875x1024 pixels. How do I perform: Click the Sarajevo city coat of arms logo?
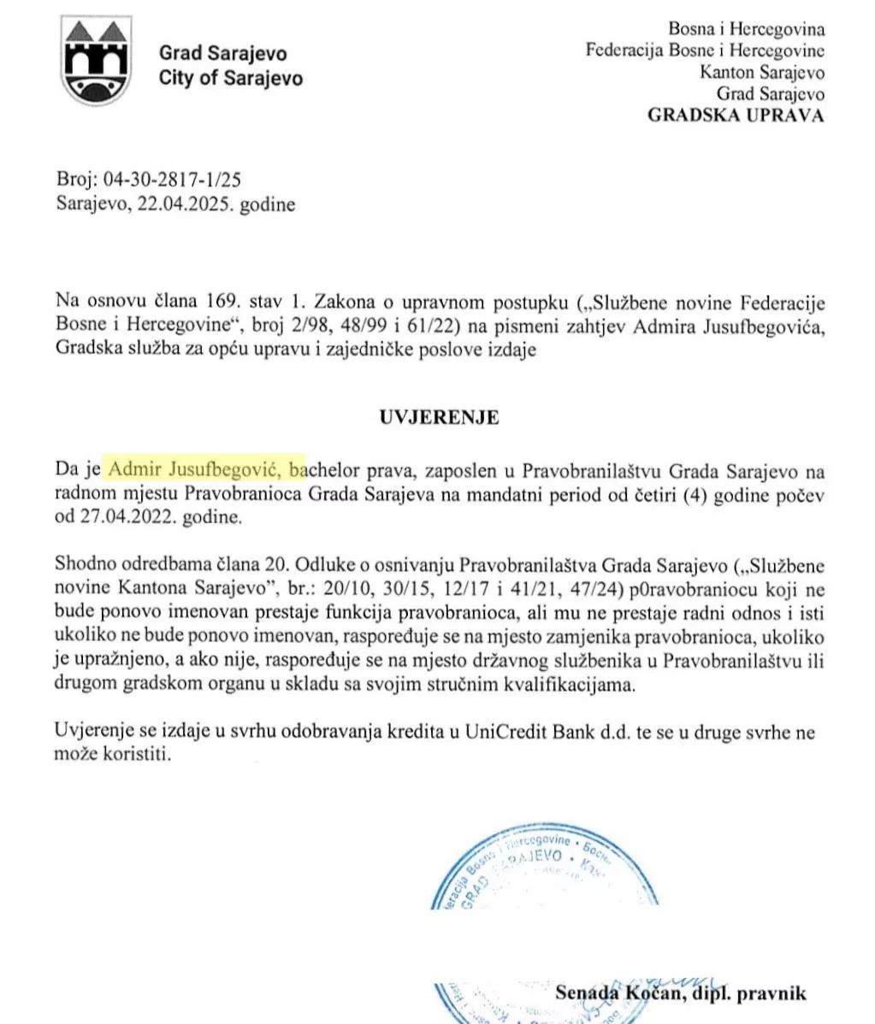click(x=98, y=63)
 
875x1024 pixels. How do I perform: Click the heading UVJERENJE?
click(x=439, y=417)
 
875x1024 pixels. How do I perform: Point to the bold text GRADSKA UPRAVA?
click(x=736, y=115)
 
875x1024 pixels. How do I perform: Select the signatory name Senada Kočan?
click(x=607, y=993)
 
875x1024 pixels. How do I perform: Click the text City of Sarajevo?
click(x=231, y=78)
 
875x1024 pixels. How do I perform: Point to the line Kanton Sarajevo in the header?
click(x=762, y=72)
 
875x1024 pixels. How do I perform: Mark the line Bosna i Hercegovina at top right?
click(x=747, y=28)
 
